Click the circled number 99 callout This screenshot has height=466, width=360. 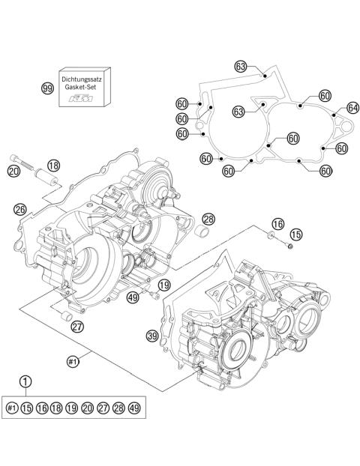47,88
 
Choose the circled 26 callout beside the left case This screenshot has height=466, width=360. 20,209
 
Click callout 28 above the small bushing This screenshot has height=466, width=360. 208,219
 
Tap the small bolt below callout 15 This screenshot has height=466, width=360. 289,247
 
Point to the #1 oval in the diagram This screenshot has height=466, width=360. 73,361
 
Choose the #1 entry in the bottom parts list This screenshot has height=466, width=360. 12,408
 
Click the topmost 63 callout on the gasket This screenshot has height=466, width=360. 241,67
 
